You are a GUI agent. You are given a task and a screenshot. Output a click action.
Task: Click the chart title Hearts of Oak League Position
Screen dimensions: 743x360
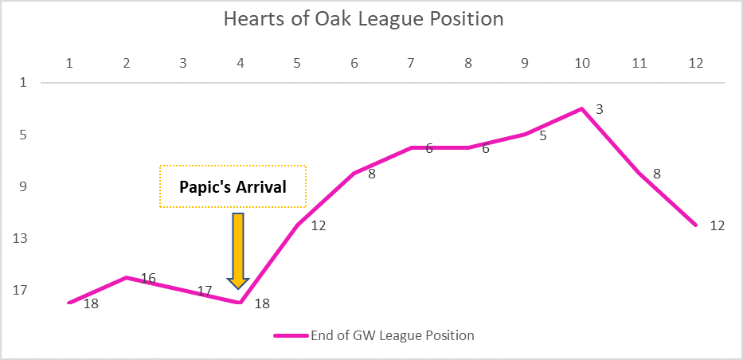[363, 19]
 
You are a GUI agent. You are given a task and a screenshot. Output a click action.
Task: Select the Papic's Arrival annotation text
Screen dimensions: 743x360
[233, 186]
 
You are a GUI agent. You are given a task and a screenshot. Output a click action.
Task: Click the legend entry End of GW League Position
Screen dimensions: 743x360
[393, 335]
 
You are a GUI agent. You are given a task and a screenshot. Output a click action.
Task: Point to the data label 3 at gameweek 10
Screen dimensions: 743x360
[599, 109]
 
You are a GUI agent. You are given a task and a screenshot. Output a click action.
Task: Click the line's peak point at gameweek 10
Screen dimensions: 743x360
[581, 109]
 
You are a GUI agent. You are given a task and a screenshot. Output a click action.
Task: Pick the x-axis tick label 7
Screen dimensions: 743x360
[411, 64]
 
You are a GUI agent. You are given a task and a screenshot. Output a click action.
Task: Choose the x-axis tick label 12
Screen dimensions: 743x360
[695, 64]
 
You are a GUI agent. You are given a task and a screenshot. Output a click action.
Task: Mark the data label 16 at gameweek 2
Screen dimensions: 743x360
[148, 279]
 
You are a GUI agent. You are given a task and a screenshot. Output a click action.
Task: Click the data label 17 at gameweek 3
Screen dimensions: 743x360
[204, 291]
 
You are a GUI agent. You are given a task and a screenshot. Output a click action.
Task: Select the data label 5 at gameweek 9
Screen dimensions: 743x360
[543, 136]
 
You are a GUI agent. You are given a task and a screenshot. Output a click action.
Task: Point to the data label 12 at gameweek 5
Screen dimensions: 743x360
[319, 226]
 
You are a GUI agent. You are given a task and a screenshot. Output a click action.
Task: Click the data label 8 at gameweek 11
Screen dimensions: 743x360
[657, 174]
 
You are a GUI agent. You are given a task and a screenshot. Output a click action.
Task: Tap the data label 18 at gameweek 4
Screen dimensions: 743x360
[262, 303]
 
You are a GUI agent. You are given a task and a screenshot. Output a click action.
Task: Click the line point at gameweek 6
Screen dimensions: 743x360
[354, 174]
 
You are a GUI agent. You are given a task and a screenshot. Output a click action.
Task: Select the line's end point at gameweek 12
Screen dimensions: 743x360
[695, 225]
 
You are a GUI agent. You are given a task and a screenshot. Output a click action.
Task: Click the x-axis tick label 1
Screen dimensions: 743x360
[69, 64]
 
